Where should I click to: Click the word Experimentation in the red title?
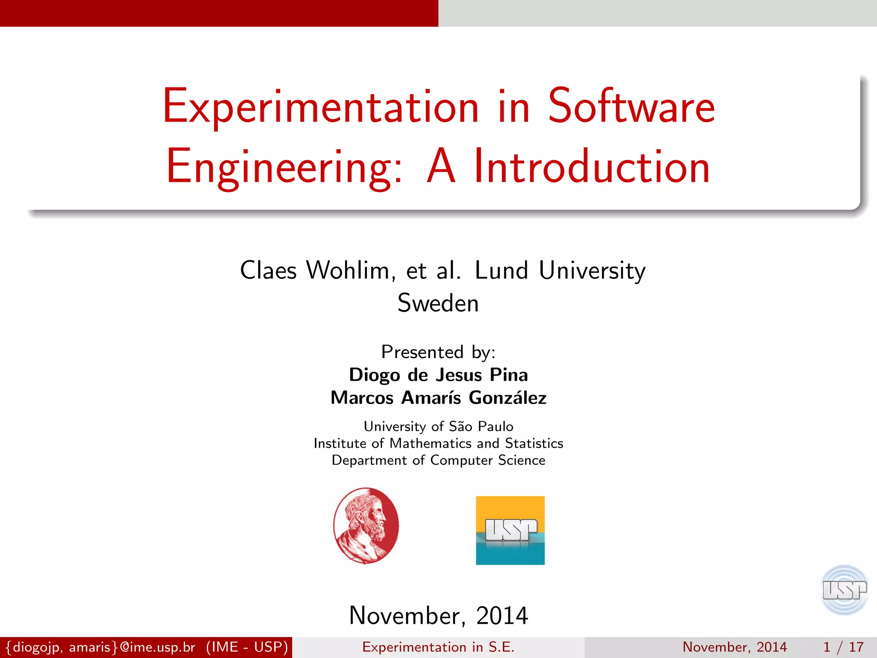(x=320, y=107)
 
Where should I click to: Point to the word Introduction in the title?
(x=592, y=167)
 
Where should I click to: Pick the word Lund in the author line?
(x=501, y=271)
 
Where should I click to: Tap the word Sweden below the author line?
(x=438, y=303)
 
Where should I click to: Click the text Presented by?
(x=438, y=352)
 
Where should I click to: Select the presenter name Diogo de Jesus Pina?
(x=438, y=375)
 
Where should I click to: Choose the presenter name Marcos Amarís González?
(x=438, y=398)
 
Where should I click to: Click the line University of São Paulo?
(x=438, y=426)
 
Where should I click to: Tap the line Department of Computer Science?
(x=438, y=460)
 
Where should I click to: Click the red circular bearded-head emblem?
(x=366, y=525)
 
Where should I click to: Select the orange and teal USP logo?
(x=510, y=530)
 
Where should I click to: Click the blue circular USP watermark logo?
(x=844, y=590)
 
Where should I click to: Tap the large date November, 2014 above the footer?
(x=438, y=616)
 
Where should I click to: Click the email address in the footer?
(x=100, y=647)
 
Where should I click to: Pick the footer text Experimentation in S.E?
(x=438, y=647)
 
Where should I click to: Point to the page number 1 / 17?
(x=843, y=647)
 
